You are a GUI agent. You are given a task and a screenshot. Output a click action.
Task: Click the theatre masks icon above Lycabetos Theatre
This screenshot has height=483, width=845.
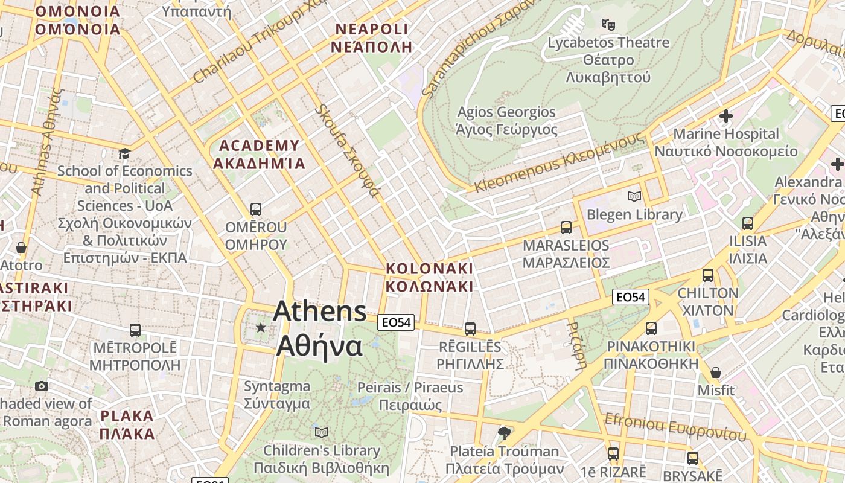click(608, 25)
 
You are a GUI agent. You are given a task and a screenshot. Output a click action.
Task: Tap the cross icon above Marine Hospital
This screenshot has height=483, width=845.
click(726, 115)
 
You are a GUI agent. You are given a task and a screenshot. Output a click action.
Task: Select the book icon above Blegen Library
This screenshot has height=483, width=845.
click(634, 196)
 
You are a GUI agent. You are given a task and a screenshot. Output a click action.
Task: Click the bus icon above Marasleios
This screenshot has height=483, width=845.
click(566, 228)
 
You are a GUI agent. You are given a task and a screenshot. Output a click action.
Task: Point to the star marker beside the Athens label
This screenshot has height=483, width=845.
click(261, 328)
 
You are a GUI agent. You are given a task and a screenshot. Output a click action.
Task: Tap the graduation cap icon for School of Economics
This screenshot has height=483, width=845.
click(124, 153)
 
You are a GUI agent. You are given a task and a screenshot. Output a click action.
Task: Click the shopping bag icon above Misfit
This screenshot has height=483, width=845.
click(716, 373)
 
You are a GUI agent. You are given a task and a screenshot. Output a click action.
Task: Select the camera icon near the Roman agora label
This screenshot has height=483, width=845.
click(42, 386)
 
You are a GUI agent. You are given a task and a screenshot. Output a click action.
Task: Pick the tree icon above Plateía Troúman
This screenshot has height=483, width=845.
click(504, 433)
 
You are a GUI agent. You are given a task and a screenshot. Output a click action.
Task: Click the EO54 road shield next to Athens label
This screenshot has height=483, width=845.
click(397, 322)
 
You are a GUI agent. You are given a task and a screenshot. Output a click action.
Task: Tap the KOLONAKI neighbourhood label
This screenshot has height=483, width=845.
click(429, 277)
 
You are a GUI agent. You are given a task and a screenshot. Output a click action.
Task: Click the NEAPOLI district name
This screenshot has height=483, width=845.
click(372, 37)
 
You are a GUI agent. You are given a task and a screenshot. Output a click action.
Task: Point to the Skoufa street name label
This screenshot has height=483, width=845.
click(348, 151)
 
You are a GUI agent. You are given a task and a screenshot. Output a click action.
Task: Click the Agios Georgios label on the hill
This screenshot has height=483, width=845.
click(506, 120)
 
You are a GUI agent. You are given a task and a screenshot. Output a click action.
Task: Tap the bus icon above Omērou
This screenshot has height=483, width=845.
click(256, 210)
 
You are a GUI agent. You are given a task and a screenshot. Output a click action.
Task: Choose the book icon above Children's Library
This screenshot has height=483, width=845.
click(322, 432)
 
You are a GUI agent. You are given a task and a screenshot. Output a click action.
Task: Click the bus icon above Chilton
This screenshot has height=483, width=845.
click(708, 276)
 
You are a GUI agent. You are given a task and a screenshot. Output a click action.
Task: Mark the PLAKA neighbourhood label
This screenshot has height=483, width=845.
click(127, 424)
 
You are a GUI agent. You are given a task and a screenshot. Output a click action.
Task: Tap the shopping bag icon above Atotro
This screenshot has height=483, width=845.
click(21, 248)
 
